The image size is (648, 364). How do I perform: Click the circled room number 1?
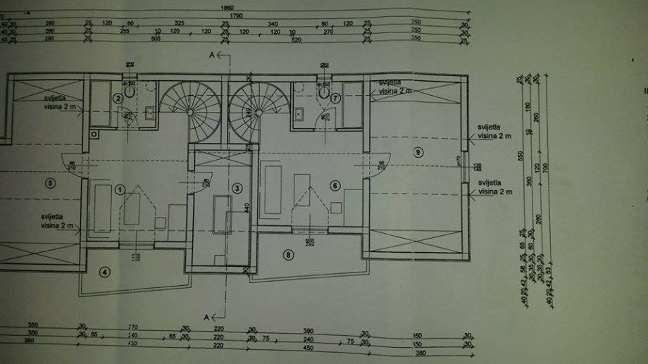coord(120,189)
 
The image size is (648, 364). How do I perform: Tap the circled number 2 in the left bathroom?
coord(118,99)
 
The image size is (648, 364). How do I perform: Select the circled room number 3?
coord(237,188)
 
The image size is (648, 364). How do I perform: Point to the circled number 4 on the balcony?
coord(105,272)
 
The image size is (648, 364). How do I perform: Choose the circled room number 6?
coord(334,185)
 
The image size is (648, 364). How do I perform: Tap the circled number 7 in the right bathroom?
coord(335,98)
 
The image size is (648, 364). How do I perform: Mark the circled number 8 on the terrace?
coord(287,254)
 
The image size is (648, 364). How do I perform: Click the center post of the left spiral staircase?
coord(193,112)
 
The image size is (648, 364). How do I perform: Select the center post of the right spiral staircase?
coord(258,112)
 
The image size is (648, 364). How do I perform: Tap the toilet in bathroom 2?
coord(130,89)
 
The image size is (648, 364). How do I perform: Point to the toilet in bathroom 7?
coord(323,89)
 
